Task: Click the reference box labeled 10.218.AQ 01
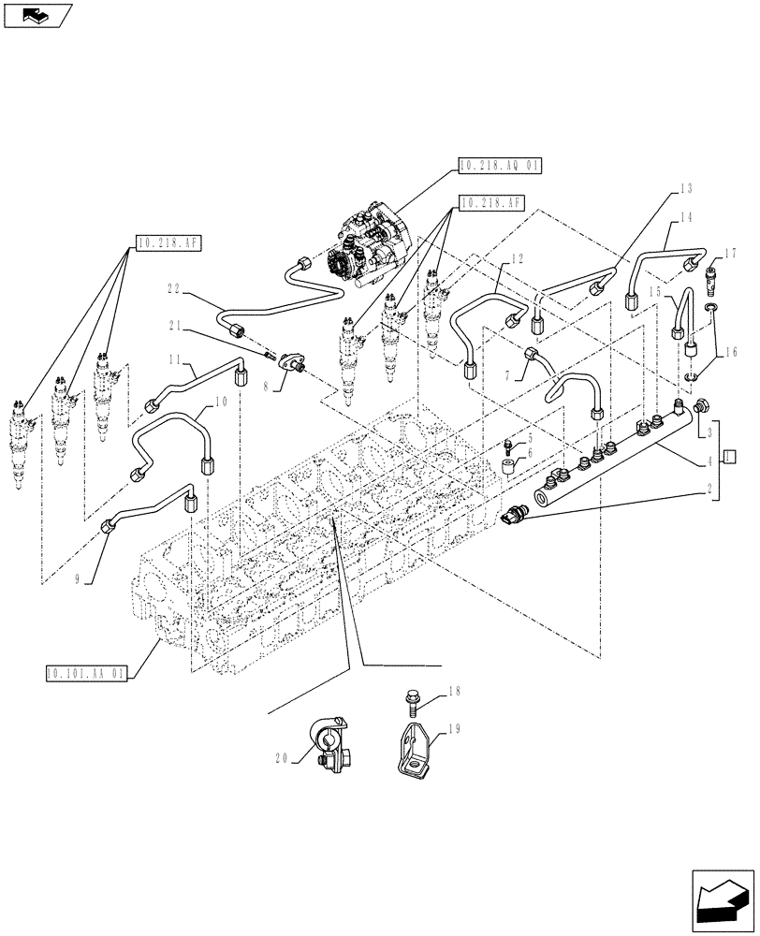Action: click(500, 166)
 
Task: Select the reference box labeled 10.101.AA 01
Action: click(85, 672)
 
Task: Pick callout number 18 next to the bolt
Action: click(457, 692)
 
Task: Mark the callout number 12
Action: click(518, 258)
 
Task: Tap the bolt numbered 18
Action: click(413, 697)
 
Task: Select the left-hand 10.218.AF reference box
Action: click(168, 242)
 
